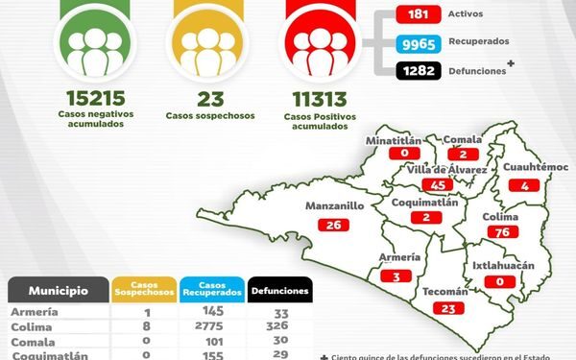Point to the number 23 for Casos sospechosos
209,97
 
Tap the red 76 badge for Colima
500,231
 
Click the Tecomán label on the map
444,291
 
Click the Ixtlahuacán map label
503,265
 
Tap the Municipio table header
59,290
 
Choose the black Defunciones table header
280,290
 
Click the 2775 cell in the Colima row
205,326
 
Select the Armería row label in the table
33,312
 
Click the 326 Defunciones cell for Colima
280,326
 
